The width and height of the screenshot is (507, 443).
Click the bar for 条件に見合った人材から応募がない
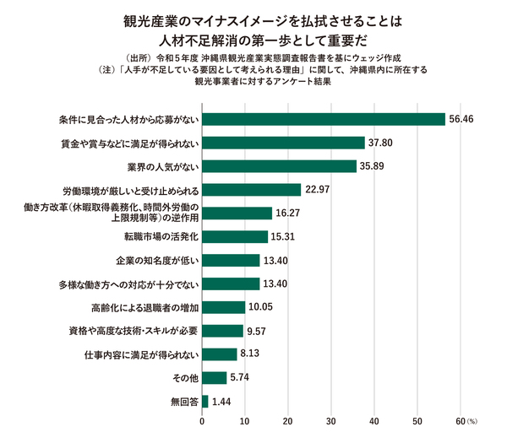click(x=324, y=119)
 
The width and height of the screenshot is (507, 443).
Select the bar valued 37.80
click(x=283, y=143)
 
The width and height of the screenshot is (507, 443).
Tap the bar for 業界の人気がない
click(x=279, y=165)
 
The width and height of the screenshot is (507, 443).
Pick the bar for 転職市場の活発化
click(x=235, y=236)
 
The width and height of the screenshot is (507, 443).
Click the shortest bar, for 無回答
click(x=205, y=401)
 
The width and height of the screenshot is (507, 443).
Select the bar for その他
click(x=215, y=377)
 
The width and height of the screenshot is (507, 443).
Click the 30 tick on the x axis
click(x=331, y=420)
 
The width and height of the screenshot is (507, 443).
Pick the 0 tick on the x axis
click(x=203, y=420)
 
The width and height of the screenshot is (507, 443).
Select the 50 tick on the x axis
click(x=417, y=420)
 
